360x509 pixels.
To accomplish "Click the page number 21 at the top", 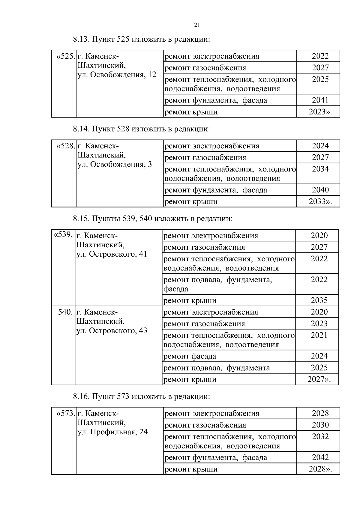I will (197, 25).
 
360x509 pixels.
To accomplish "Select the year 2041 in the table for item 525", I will (320, 100).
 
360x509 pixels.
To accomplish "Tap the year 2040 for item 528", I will (320, 190).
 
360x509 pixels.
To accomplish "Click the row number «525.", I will (65, 56).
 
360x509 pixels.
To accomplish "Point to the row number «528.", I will (65, 146).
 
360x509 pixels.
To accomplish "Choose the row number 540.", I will (65, 312).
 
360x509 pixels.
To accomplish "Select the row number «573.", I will (65, 413).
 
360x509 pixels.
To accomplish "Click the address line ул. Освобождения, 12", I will (117, 75).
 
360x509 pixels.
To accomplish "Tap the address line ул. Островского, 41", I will (112, 254).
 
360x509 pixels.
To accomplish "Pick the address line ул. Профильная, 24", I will (112, 432).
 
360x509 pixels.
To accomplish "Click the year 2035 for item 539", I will (319, 300).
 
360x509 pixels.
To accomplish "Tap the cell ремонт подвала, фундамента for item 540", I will (216, 368).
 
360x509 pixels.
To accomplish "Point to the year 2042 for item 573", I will (320, 457).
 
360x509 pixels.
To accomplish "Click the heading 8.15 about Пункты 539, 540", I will (153, 219).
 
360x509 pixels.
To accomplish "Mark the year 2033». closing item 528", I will (320, 201).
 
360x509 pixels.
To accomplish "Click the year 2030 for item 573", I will (320, 425).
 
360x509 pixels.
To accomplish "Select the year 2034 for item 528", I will (320, 169).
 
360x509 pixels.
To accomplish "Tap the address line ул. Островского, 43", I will (112, 331).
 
